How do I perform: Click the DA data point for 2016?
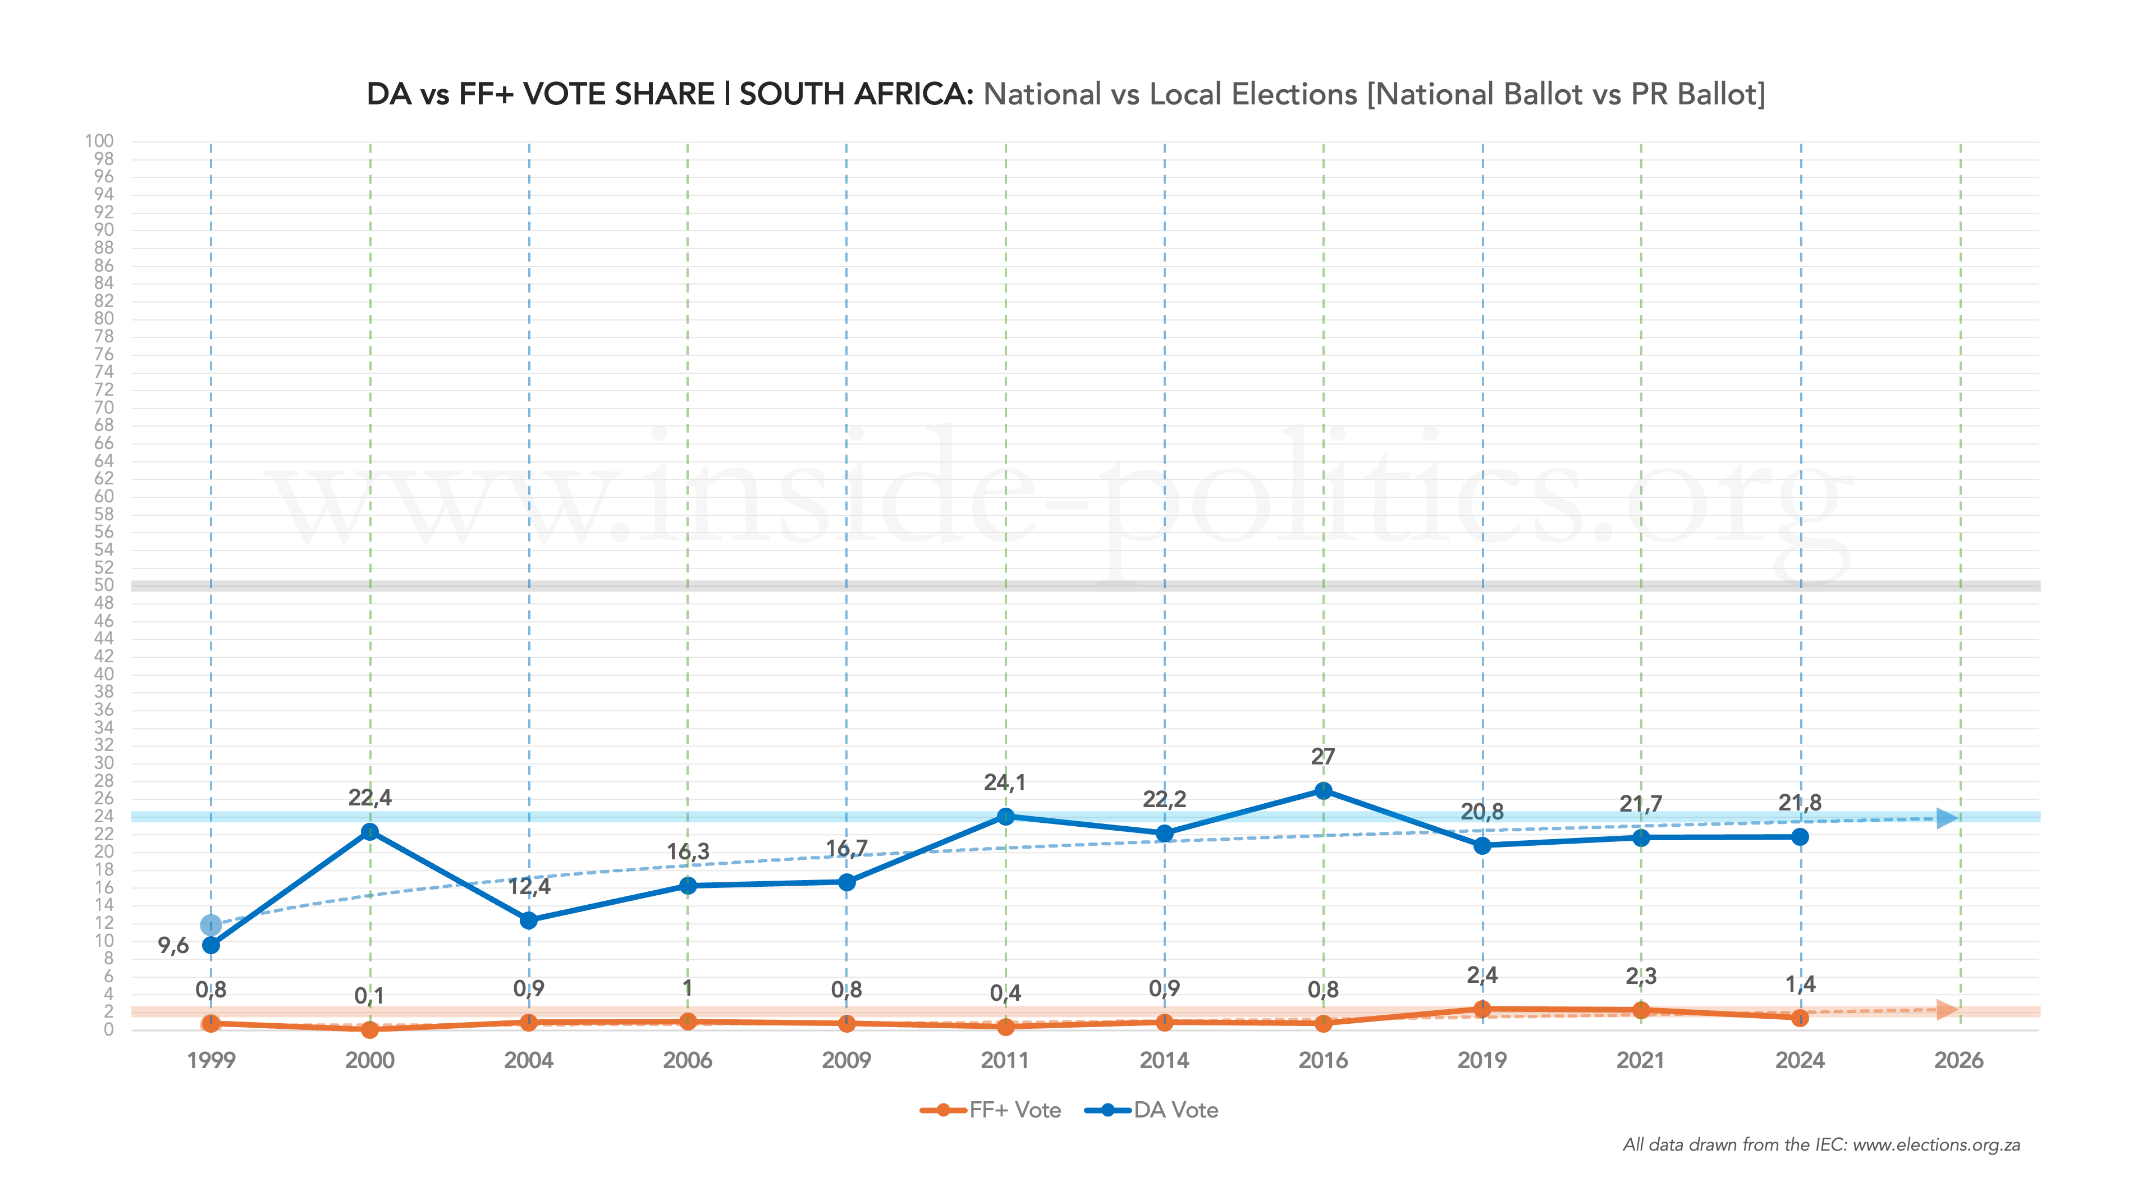(x=1323, y=791)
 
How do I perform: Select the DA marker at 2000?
(x=370, y=831)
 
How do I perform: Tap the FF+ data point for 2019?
(x=1482, y=1009)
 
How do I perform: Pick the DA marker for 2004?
(x=528, y=920)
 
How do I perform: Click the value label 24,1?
(x=1004, y=782)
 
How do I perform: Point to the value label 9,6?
(x=173, y=946)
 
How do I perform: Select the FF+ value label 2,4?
(x=1482, y=975)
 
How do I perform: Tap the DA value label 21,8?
(x=1800, y=803)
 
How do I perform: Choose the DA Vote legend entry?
(x=1152, y=1111)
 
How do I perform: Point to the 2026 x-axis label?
(x=1958, y=1061)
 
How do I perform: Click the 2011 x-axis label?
(x=1004, y=1061)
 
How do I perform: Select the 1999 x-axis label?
(x=211, y=1061)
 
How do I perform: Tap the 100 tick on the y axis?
(x=99, y=141)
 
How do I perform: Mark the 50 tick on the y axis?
(x=103, y=585)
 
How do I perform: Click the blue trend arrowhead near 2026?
(x=1948, y=818)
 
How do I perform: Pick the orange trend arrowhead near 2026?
(x=1948, y=1010)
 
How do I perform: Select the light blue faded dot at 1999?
(x=211, y=924)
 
